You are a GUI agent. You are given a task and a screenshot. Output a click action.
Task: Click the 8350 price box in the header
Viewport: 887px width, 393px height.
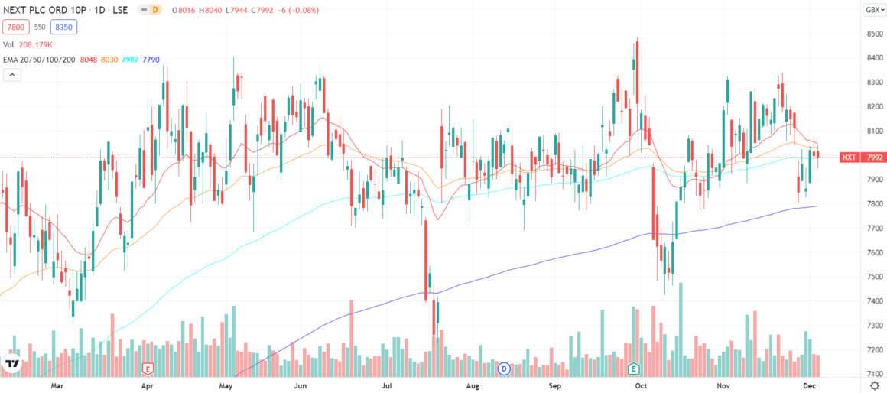coord(63,27)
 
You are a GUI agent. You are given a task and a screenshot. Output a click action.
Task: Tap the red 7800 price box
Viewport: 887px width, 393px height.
coord(15,27)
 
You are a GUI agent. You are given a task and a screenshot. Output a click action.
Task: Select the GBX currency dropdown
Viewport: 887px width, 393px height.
coord(872,10)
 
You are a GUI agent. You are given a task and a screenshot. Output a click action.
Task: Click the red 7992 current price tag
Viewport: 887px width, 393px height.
coord(872,158)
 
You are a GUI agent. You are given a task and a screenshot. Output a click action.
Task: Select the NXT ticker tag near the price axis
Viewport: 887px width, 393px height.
coord(849,158)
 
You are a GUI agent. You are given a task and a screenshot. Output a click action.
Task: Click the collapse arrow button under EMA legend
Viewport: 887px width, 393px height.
coord(12,74)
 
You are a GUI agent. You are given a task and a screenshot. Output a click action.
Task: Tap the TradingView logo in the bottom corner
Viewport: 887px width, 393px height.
coord(12,365)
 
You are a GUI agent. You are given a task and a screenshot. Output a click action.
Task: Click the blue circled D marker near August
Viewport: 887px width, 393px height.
coord(504,369)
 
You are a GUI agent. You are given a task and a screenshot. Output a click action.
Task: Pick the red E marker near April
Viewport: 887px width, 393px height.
coord(148,369)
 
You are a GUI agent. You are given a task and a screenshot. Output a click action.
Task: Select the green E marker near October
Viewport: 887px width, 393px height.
coord(634,369)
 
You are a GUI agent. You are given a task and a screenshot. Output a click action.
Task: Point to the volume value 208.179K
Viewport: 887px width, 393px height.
coord(35,45)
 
